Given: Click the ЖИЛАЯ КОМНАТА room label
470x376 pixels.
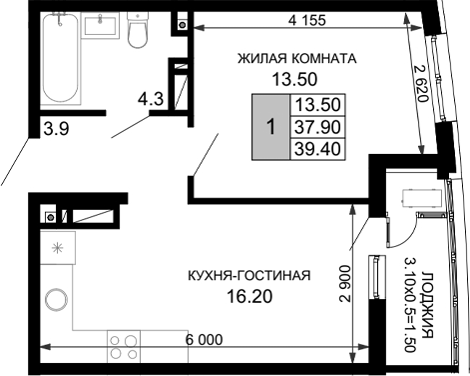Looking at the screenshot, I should (296, 58).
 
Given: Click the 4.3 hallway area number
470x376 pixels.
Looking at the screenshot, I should (151, 99).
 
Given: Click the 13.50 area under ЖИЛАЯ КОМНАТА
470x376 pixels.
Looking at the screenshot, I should (296, 80).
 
